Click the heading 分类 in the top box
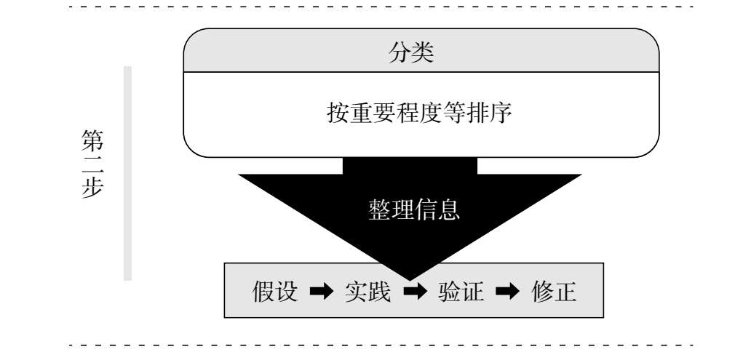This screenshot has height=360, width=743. pos(411,52)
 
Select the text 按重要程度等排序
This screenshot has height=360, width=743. pos(419,113)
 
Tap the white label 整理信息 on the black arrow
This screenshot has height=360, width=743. pos(414,209)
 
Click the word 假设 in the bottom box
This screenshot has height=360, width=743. pos(275,292)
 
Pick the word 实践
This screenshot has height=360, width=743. pos(367,292)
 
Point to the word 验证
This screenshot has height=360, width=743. pos(461,292)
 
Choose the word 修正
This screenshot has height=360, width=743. pos(554,292)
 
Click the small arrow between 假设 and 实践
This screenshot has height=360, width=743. pos(321,292)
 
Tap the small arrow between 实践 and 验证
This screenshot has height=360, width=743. pos(415,292)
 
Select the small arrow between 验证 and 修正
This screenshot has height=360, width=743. pos(507,292)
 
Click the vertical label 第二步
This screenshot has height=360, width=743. pos(92,164)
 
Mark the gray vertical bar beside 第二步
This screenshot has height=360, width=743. pos(127,173)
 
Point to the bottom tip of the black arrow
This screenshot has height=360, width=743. pos(410,281)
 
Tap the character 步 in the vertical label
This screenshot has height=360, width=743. pos(92,188)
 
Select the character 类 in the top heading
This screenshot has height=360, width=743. pos(423,52)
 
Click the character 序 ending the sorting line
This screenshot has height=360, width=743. pos(501,113)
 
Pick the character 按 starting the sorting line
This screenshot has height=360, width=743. pos(338,113)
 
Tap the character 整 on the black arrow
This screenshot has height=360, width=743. pos(380,209)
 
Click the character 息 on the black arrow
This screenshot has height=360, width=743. pos(449,209)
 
